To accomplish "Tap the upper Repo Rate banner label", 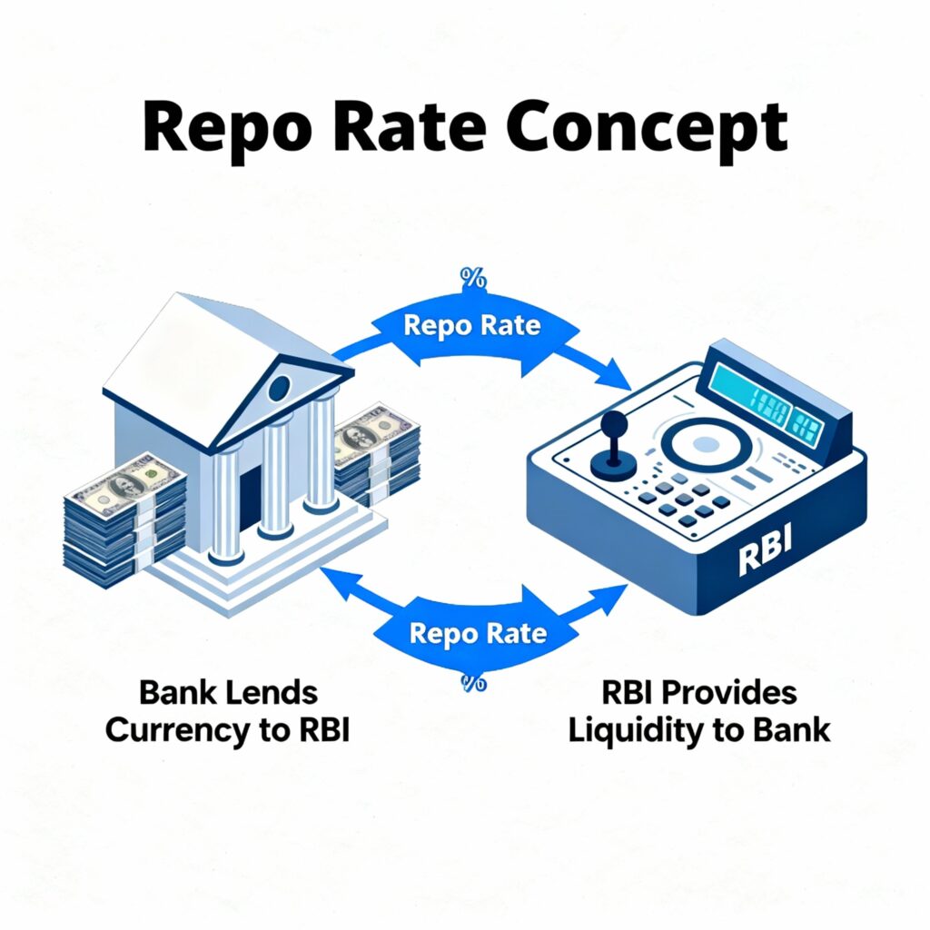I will [x=471, y=325].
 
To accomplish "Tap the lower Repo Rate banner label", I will [x=478, y=633].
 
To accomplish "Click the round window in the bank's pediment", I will [x=280, y=390].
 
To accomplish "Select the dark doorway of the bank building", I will [x=248, y=497].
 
